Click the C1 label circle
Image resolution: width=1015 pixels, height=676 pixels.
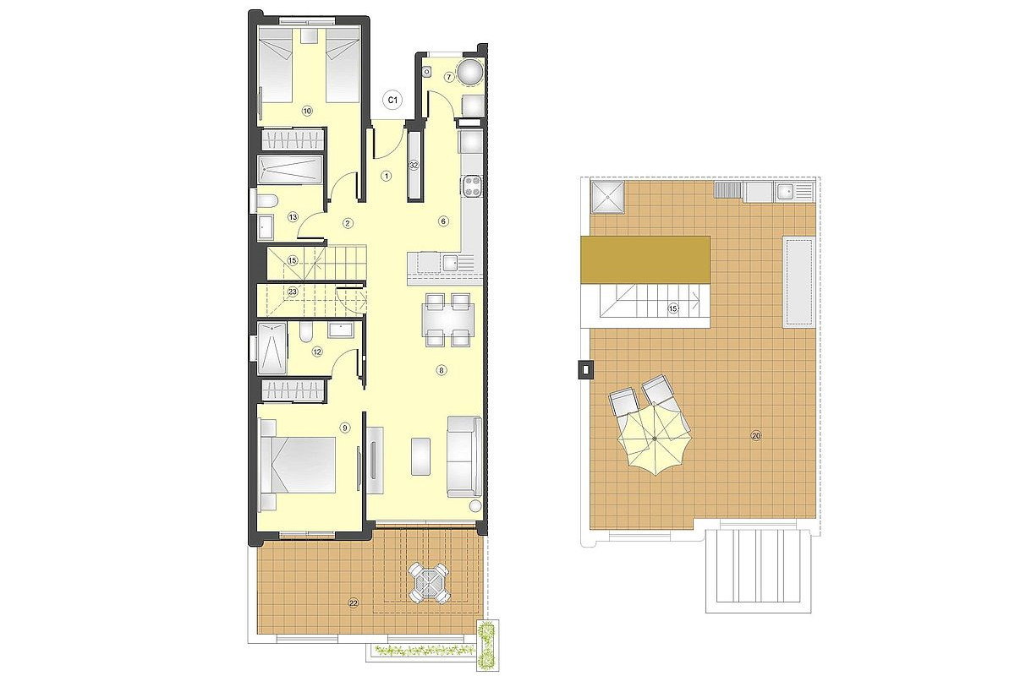392,100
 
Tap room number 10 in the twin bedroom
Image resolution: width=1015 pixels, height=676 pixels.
307,111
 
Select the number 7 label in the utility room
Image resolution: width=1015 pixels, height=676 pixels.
448,78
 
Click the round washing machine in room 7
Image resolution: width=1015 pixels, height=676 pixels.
470,72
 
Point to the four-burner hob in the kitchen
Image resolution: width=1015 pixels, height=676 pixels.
472,187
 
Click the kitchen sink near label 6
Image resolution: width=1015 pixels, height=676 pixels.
450,263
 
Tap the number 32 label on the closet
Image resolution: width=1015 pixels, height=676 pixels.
414,166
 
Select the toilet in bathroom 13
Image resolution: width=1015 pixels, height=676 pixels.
266,201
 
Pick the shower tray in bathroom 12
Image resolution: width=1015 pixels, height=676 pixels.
272,348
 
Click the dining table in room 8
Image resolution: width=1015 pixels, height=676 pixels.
447,319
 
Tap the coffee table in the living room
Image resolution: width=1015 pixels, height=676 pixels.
421,456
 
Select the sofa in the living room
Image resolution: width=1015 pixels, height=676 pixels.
464,456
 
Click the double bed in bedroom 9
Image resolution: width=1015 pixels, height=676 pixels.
299,465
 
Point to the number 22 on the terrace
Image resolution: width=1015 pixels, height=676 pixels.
353,602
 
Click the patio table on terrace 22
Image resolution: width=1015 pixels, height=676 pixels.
429,582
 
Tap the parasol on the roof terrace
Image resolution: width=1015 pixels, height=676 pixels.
655,439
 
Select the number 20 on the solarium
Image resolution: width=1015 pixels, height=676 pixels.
756,436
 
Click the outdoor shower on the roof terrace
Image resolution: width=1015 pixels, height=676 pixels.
607,197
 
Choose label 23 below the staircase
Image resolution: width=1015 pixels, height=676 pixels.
293,292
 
